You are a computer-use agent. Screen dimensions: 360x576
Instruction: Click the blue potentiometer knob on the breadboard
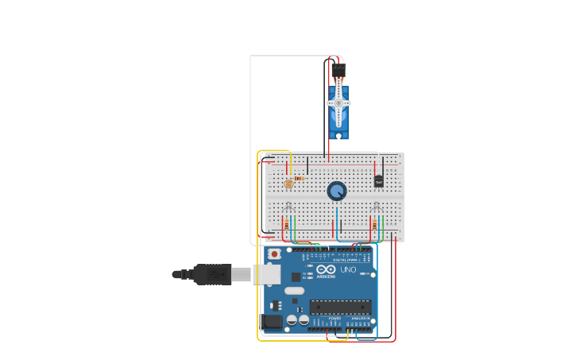pos(337,191)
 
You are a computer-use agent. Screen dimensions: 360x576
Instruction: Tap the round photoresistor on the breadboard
pos(288,184)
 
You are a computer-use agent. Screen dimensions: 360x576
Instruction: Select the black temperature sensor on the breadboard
pos(378,180)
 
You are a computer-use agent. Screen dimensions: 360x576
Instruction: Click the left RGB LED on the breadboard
pos(289,208)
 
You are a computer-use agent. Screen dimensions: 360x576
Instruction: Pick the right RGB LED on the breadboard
pos(377,208)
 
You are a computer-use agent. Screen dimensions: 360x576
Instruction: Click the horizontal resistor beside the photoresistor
pos(299,179)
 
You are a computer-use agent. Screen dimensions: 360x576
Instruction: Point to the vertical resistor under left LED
pos(286,226)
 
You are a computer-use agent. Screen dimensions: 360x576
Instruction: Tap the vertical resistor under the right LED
pos(373,226)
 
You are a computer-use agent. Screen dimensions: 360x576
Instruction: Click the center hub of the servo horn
pos(338,103)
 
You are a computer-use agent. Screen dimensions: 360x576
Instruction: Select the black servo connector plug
pos(338,70)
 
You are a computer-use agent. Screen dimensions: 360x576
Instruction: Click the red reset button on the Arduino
pos(274,254)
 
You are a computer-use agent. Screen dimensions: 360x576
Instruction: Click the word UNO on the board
pos(348,269)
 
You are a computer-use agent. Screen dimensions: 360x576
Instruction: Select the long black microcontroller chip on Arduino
pos(340,307)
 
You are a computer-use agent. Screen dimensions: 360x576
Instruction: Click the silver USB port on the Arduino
pos(267,274)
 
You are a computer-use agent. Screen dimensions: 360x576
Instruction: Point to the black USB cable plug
pos(212,274)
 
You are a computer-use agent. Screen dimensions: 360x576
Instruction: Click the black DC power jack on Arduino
pos(273,321)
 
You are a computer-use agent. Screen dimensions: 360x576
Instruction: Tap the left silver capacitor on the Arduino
pos(292,319)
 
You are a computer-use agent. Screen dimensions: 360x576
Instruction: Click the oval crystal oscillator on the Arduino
pos(294,291)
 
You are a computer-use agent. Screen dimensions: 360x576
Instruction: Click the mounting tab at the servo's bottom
pos(338,136)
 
